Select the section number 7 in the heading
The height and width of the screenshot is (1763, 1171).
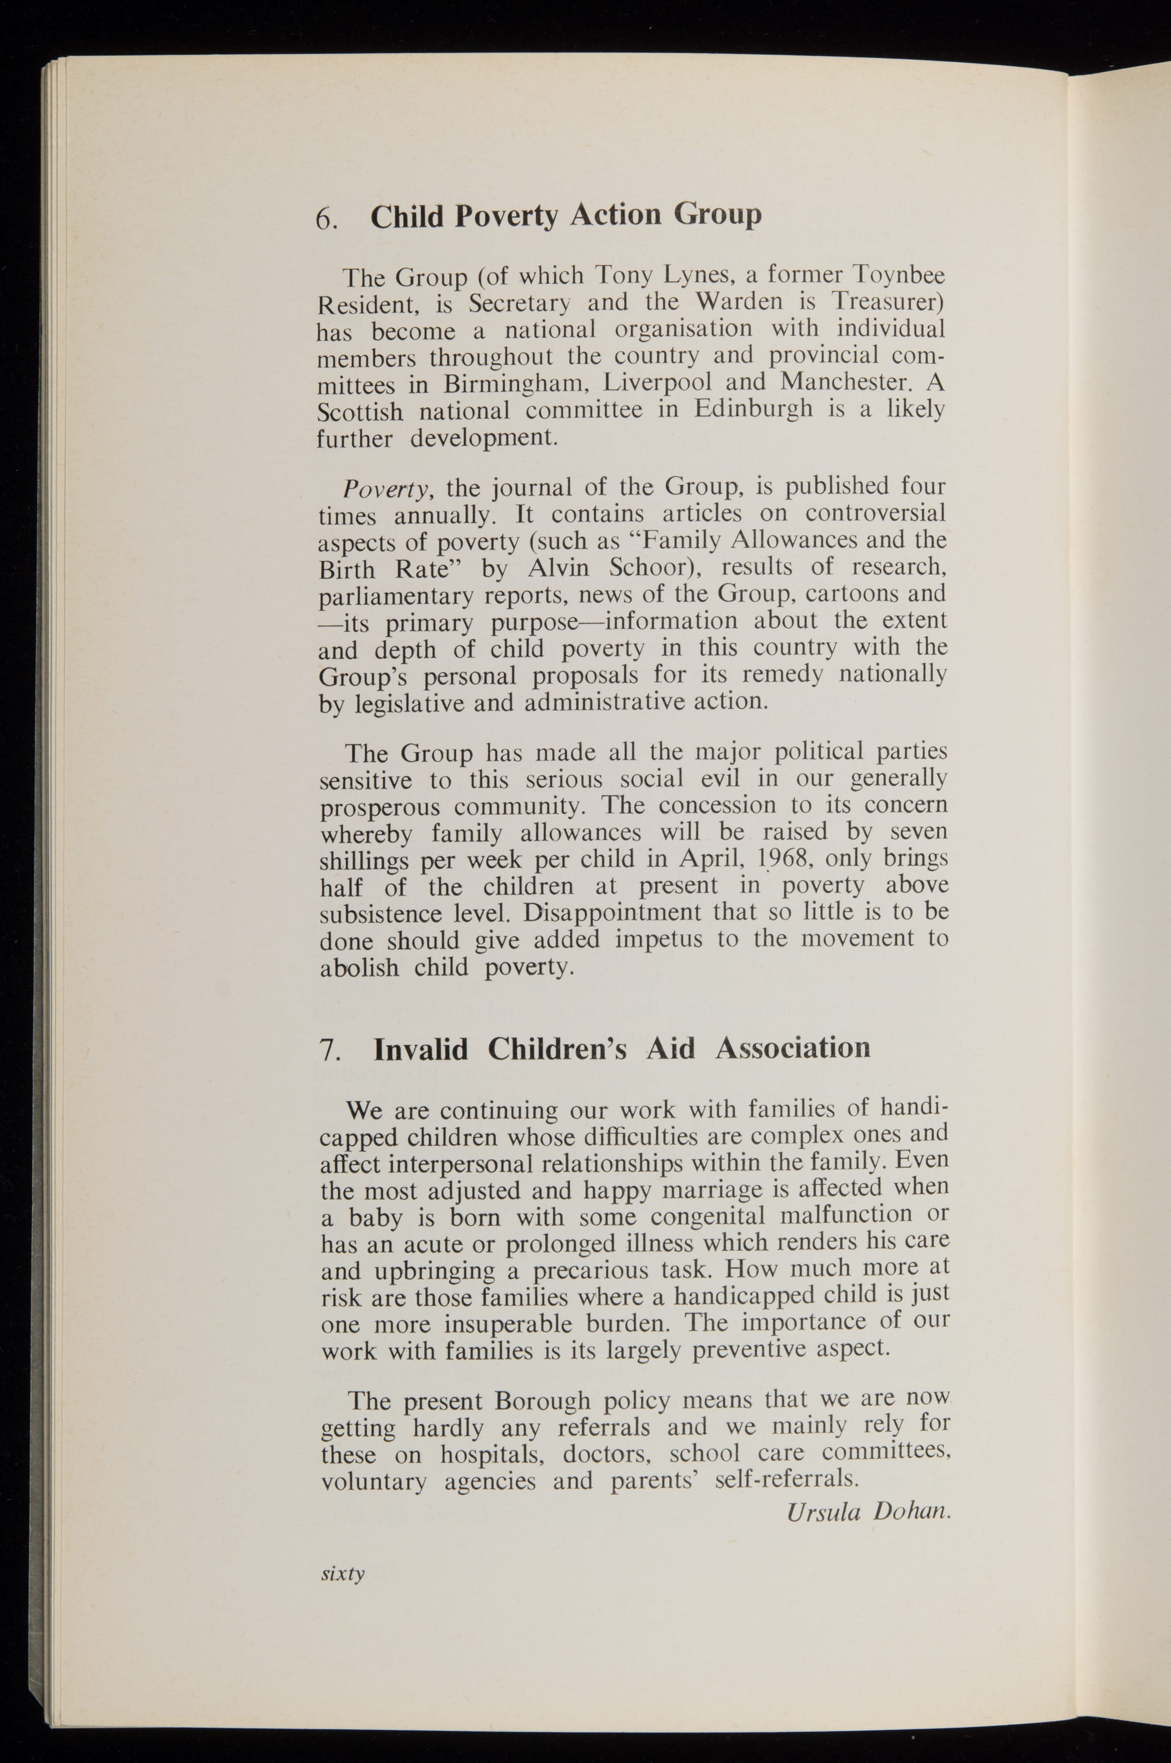click(329, 1051)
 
